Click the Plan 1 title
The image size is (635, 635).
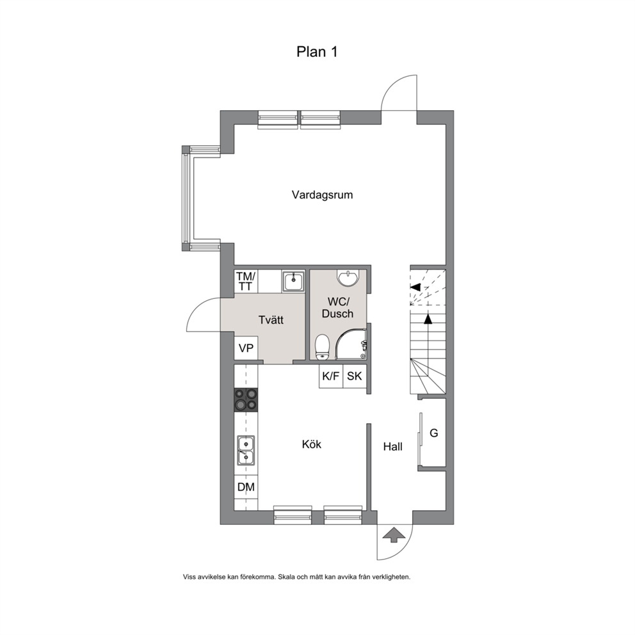click(x=317, y=52)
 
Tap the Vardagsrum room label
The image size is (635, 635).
click(x=322, y=195)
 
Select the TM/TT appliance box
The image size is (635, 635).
click(x=246, y=282)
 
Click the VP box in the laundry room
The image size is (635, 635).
click(x=246, y=348)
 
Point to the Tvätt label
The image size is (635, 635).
click(x=271, y=320)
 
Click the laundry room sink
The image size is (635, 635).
click(x=293, y=281)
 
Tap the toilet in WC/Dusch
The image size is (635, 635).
click(x=322, y=347)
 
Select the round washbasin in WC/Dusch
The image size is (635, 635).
click(x=348, y=277)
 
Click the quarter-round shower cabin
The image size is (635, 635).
click(x=351, y=343)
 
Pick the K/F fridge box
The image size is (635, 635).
click(x=331, y=376)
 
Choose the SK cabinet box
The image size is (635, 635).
click(x=355, y=376)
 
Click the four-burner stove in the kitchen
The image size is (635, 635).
click(x=246, y=399)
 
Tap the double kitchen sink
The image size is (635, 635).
click(x=246, y=450)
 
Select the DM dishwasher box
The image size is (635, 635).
click(x=246, y=486)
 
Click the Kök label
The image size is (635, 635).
click(x=312, y=444)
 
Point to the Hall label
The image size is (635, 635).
click(x=393, y=447)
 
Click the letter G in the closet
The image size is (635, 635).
click(x=434, y=433)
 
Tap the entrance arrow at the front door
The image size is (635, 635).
click(x=394, y=535)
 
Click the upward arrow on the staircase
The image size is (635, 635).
click(x=428, y=332)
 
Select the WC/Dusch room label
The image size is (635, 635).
click(x=338, y=308)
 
